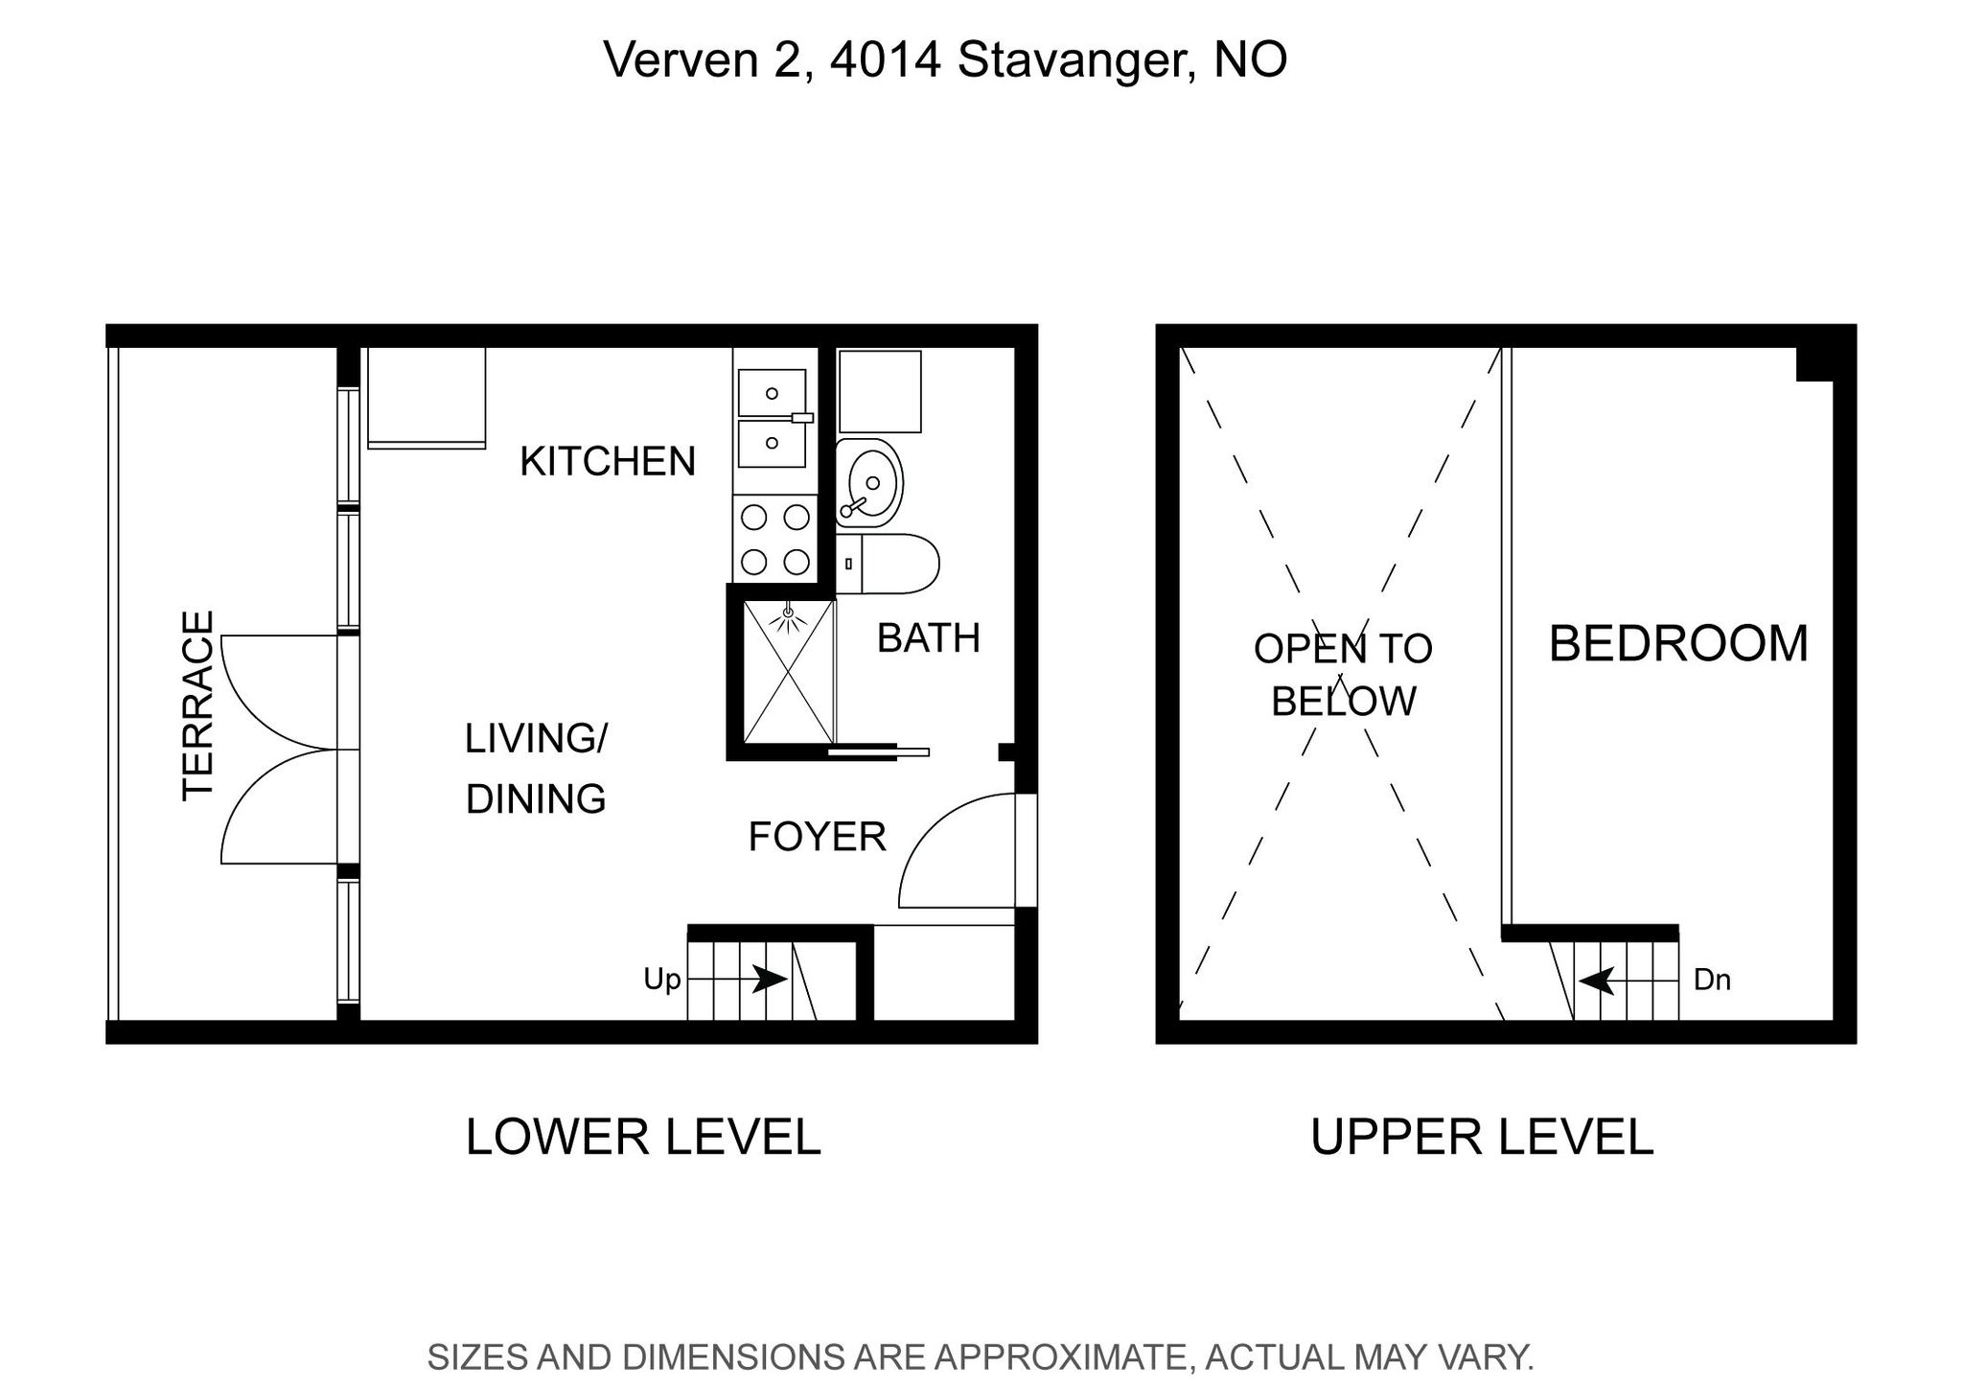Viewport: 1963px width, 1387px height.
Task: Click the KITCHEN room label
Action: pos(608,461)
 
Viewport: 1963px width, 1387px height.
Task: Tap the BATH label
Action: pos(929,638)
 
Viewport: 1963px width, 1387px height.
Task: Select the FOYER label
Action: pos(817,837)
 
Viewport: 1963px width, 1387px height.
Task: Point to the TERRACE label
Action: pos(197,705)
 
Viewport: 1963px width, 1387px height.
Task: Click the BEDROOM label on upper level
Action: pos(1678,643)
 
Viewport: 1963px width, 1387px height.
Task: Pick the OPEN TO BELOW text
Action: pos(1343,675)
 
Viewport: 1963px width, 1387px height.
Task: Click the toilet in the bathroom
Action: pos(888,564)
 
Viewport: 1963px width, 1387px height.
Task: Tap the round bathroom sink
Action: pos(869,484)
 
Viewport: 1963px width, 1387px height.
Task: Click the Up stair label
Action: pos(661,980)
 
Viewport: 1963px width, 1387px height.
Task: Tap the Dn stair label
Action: pos(1712,980)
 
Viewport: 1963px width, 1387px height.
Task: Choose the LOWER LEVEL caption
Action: pos(643,1137)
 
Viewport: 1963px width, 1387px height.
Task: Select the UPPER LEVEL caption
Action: pos(1482,1137)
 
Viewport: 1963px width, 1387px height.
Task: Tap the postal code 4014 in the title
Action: pos(886,59)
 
